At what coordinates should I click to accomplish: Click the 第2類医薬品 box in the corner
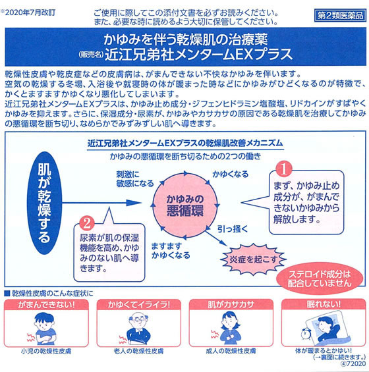[x=340, y=15]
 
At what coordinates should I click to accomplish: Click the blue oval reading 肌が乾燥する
[x=44, y=203]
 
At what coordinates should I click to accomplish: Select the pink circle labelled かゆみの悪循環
[x=184, y=205]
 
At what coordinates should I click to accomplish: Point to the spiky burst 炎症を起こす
[x=253, y=259]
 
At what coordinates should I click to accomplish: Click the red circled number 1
[x=284, y=169]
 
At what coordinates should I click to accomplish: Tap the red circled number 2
[x=87, y=223]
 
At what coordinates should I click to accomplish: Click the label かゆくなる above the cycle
[x=230, y=174]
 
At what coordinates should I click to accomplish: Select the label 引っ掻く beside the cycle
[x=233, y=229]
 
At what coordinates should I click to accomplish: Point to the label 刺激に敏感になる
[x=135, y=179]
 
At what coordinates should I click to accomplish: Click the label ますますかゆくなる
[x=171, y=251]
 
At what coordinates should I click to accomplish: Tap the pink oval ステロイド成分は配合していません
[x=320, y=279]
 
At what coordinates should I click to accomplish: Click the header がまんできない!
[x=46, y=304]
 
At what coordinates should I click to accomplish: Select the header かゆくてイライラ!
[x=138, y=304]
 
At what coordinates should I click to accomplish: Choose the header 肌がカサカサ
[x=231, y=304]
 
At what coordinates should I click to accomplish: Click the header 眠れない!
[x=324, y=304]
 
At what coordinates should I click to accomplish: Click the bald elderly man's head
[x=138, y=320]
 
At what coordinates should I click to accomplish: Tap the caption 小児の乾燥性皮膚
[x=46, y=351]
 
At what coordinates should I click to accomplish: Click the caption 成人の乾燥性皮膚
[x=231, y=351]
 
